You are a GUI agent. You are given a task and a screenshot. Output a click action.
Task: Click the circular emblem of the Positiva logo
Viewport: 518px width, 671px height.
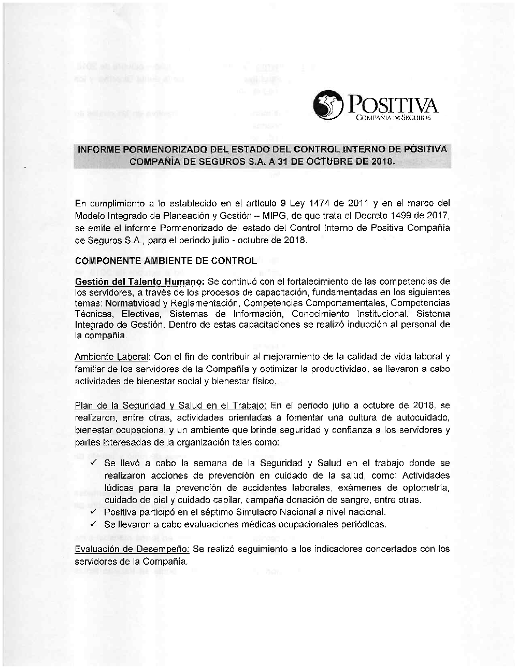point(328,105)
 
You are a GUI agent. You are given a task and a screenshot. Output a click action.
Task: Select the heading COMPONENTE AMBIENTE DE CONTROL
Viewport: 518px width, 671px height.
point(166,261)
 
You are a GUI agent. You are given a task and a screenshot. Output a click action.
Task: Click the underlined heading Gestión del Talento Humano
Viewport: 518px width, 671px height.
point(139,282)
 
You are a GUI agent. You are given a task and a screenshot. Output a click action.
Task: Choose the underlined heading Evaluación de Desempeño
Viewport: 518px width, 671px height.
point(132,549)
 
